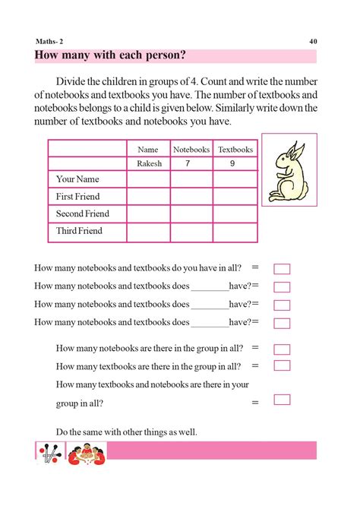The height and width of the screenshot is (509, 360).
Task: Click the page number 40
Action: pos(313,41)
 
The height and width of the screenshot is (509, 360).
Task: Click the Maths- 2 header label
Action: pos(50,41)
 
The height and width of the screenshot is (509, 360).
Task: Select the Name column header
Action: pos(148,150)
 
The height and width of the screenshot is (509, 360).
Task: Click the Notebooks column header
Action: pos(191,150)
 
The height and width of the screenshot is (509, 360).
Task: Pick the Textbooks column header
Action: pos(235,150)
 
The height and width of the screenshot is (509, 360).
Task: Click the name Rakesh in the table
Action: pos(149,164)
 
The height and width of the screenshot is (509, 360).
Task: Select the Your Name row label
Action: pos(78,179)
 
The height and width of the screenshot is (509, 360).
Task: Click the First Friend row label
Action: pos(79,197)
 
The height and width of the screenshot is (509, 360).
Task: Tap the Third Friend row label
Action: pos(80,231)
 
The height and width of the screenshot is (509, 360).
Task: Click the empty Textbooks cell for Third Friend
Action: pos(235,231)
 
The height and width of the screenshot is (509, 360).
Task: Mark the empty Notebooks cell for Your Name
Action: pos(191,179)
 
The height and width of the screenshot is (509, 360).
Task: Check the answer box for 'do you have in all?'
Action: pos(282,269)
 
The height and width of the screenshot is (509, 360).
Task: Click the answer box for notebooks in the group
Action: pos(282,349)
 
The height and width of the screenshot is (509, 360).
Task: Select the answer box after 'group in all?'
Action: pos(282,400)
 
